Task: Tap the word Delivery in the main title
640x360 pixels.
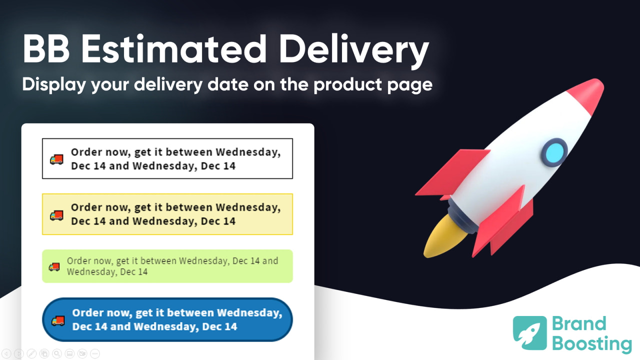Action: [x=353, y=49]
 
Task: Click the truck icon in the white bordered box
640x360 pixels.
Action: [x=56, y=159]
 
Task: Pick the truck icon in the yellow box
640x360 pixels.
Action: [x=56, y=215]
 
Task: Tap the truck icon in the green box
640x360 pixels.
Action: [x=54, y=267]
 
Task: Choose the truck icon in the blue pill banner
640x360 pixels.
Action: [x=58, y=320]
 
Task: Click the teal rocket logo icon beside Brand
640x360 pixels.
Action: [x=530, y=332]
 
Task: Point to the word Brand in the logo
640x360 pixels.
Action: [x=579, y=324]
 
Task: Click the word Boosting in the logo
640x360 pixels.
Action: [x=591, y=344]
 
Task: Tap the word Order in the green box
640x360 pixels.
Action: [x=78, y=261]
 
